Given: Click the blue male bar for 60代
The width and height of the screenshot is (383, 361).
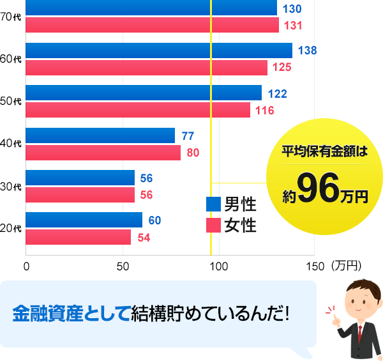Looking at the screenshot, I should [159, 50].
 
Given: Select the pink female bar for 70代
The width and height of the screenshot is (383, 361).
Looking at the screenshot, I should [153, 25].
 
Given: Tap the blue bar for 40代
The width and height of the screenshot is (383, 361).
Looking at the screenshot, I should [100, 135].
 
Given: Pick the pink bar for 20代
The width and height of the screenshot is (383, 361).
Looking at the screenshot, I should [79, 237].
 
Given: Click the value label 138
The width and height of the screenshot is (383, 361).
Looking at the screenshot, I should [308, 50].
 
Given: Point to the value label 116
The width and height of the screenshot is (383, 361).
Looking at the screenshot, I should [264, 111].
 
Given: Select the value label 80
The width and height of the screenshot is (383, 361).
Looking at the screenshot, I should [193, 153].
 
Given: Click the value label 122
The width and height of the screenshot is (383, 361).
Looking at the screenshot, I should [277, 93].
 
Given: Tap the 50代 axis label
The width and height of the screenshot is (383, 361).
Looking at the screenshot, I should [11, 102].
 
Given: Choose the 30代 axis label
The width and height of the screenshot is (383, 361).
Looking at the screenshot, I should [11, 187].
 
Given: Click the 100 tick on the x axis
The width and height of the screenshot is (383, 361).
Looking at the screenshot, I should [219, 265].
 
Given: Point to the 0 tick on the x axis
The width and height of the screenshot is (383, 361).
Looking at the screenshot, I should [27, 265].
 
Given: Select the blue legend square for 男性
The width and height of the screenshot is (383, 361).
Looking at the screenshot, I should [213, 204].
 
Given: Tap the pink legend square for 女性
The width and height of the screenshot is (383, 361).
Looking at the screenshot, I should [213, 225].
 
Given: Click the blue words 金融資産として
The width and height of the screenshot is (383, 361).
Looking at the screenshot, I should [71, 314].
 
